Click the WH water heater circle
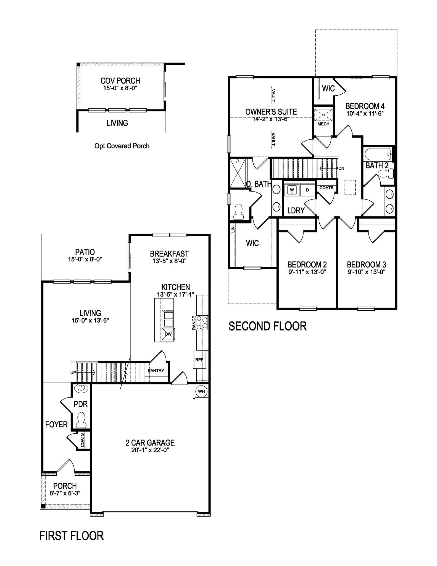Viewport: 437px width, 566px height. coord(201,391)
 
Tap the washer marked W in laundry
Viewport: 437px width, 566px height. coord(292,190)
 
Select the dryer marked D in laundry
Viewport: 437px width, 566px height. coord(307,190)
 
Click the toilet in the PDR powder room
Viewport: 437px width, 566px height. coord(81,420)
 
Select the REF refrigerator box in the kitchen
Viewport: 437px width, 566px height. coord(199,360)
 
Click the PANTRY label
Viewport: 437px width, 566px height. coord(156,371)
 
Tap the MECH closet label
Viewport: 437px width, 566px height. coord(323,124)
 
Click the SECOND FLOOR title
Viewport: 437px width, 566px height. coord(267,326)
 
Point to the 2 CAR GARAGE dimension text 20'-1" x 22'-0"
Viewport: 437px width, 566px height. coord(150,450)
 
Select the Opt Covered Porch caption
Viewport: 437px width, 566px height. coord(122,146)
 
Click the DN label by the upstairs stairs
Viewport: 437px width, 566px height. coord(341,168)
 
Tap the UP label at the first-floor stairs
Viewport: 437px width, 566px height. coord(73,373)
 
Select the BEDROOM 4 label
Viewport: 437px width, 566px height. coord(365,106)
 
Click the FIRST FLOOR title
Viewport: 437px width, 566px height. coord(72,536)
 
